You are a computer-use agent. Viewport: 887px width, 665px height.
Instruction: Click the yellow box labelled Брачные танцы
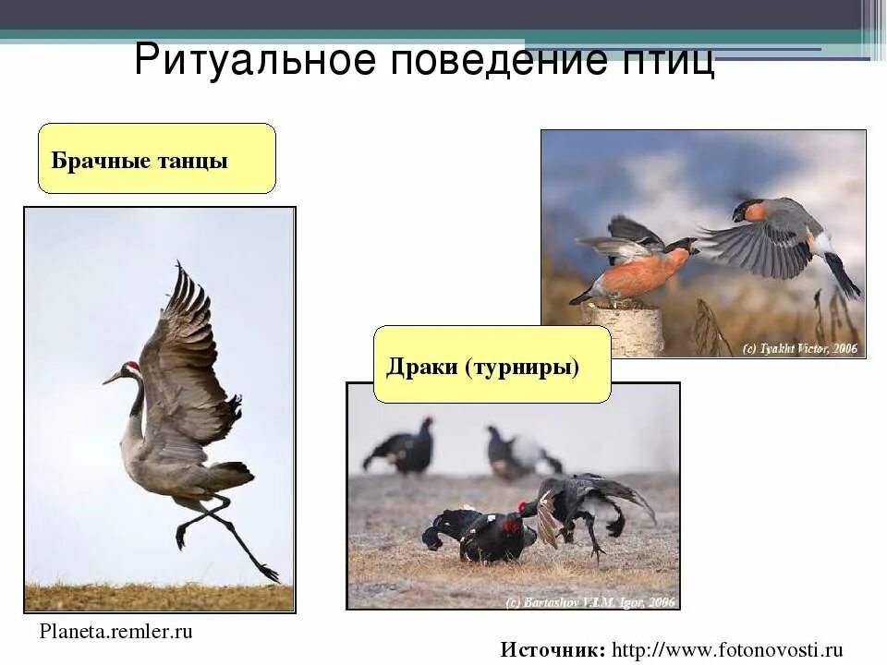tap(156, 159)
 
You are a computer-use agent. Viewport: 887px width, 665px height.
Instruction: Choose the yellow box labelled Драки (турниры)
tap(492, 365)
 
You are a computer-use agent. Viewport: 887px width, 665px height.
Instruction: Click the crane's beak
tap(112, 378)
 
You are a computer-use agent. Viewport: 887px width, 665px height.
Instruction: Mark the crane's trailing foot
tap(267, 572)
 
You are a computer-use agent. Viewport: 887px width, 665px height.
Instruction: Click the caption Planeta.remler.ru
tap(116, 632)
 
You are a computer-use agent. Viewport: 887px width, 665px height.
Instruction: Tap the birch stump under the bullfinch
tap(623, 329)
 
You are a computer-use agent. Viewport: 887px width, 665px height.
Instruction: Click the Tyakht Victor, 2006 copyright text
tap(800, 349)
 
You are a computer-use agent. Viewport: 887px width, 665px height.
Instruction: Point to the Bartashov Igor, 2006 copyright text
tap(591, 601)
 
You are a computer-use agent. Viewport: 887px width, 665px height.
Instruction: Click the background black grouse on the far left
tap(402, 449)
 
